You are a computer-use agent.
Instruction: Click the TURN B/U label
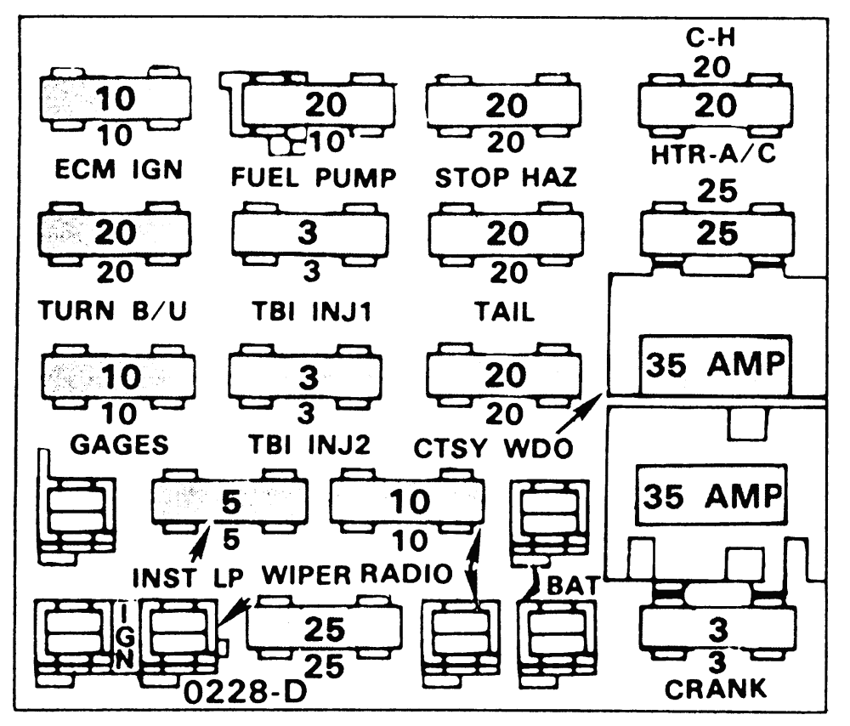pos(113,311)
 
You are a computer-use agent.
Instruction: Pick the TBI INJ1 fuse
pos(309,235)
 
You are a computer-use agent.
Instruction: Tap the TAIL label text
pos(505,311)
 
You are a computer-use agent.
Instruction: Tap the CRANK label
pos(715,688)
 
